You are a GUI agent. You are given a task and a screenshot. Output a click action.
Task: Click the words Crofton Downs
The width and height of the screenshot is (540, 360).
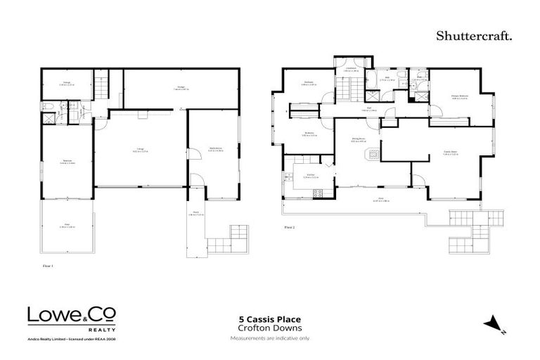(269, 328)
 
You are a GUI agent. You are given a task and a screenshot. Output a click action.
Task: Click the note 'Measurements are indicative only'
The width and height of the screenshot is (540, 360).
(269, 338)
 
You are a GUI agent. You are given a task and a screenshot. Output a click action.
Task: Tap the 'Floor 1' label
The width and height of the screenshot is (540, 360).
(48, 266)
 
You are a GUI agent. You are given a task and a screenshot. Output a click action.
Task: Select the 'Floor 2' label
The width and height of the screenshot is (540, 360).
(290, 227)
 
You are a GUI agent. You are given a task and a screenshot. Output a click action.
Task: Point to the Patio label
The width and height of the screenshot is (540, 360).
(67, 226)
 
